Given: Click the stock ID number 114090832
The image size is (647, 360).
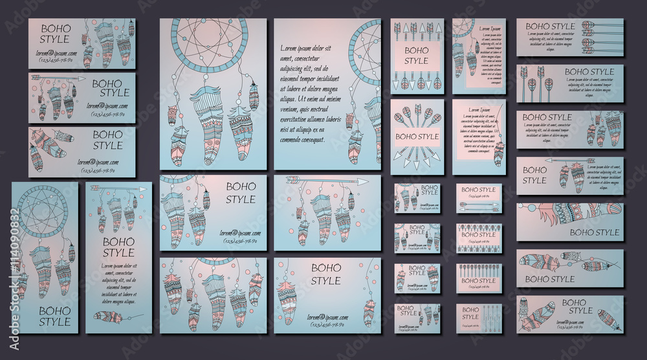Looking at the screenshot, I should pyautogui.click(x=7, y=259).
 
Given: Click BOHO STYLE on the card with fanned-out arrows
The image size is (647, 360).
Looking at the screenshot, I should pyautogui.click(x=417, y=137).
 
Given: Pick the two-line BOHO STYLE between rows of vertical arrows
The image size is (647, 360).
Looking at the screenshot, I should pyautogui.click(x=417, y=56).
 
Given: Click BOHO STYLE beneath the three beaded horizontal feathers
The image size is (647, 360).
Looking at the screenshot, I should pyautogui.click(x=550, y=279).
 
